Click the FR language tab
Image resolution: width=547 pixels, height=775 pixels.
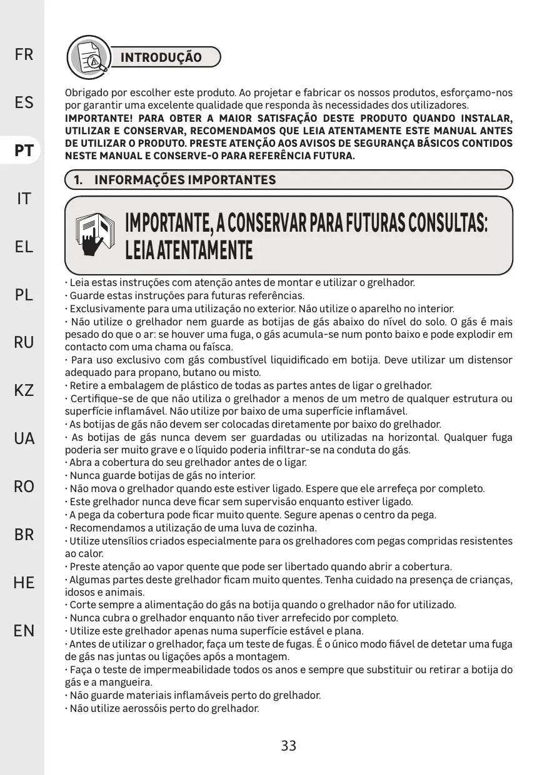point(24,55)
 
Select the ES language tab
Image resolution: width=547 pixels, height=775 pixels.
point(24,102)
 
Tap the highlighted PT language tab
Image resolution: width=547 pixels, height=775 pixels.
point(24,151)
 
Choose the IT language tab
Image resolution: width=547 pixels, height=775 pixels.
point(24,199)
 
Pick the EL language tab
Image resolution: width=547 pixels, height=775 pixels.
point(24,247)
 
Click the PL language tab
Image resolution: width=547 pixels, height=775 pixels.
point(24,295)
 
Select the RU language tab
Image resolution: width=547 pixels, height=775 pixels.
point(24,342)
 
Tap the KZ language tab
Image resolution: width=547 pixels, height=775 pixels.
point(24,391)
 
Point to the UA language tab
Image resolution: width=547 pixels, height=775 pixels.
point(24,438)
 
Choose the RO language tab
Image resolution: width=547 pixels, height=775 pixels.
point(24,486)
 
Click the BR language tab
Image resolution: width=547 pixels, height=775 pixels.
point(24,535)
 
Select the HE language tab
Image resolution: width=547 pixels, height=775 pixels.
point(24,583)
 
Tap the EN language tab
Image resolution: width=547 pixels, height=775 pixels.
point(24,630)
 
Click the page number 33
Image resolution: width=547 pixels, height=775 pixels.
point(288,746)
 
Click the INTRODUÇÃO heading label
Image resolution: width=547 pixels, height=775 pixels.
point(161,58)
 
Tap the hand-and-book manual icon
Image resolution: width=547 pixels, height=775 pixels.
point(95,235)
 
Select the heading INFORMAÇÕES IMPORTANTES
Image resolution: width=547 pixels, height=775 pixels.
point(184,180)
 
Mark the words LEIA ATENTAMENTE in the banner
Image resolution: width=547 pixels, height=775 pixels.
point(189,251)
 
